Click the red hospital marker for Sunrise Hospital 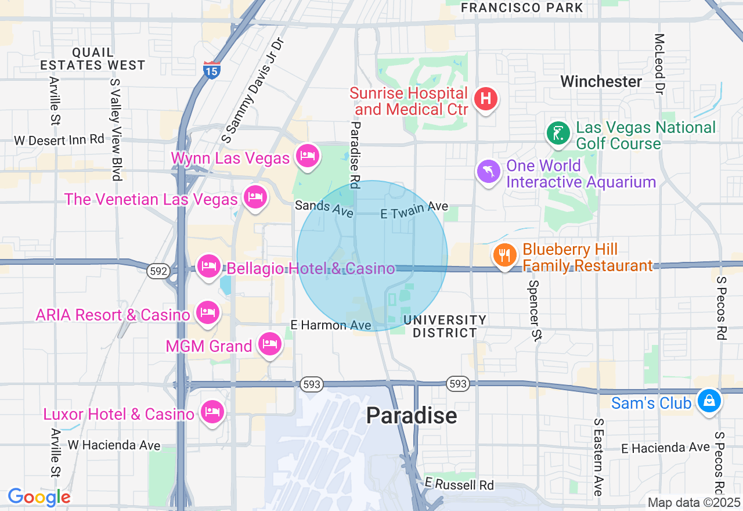(x=486, y=99)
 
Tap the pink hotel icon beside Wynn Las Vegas (x=308, y=156)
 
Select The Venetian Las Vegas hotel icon (x=255, y=197)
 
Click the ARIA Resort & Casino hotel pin (x=207, y=313)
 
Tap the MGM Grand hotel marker (x=269, y=344)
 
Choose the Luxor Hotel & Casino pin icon (x=211, y=412)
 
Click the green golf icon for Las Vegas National (x=558, y=134)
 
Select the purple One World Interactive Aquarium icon (x=488, y=171)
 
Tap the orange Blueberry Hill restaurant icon (x=505, y=255)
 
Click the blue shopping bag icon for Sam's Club (x=708, y=401)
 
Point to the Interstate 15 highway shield (x=212, y=70)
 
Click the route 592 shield (x=157, y=271)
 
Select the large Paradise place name (x=412, y=416)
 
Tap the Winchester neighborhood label (x=601, y=81)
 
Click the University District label (x=445, y=326)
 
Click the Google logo (x=39, y=497)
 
